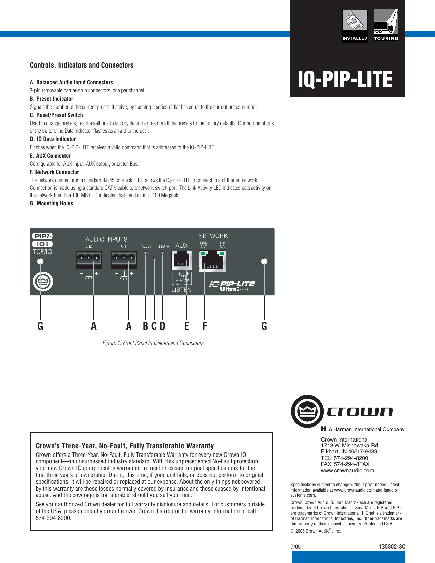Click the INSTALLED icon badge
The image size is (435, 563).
(355, 25)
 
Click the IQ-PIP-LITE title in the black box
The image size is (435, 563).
(345, 80)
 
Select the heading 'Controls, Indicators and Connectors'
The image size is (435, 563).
(82, 65)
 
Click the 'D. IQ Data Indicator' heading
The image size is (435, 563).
(53, 139)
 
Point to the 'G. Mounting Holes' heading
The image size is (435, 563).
(52, 203)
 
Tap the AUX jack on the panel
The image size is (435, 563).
(182, 260)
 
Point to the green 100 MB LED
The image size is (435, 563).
(222, 254)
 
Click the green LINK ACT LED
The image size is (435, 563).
(203, 254)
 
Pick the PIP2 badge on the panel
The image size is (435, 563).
(42, 236)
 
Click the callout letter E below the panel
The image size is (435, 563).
(186, 326)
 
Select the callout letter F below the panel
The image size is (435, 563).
(205, 326)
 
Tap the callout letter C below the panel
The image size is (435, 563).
(154, 326)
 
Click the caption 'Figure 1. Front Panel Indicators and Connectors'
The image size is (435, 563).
(153, 343)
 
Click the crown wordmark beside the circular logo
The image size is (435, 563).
(360, 412)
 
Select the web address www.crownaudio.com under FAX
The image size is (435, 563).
(347, 470)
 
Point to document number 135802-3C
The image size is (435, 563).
(392, 546)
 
